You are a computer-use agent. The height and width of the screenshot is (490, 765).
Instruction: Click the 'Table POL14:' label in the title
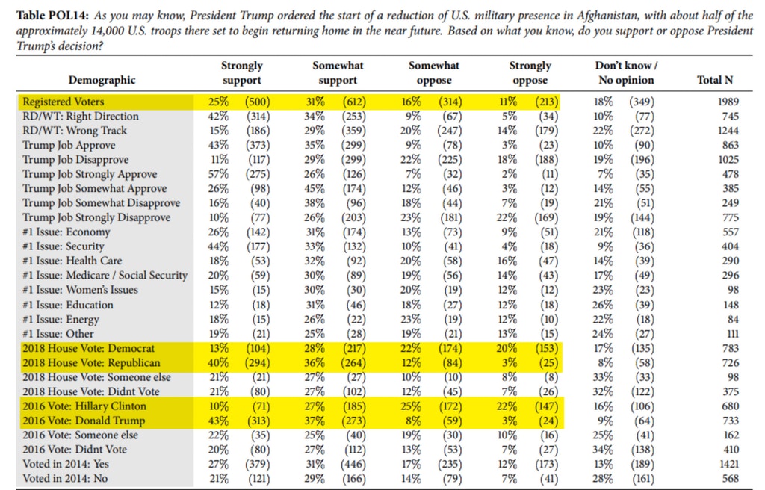pyautogui.click(x=53, y=16)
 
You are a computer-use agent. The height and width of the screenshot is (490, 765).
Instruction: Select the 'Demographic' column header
pyautogui.click(x=102, y=80)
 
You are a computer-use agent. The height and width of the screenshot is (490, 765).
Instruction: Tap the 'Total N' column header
pyautogui.click(x=715, y=80)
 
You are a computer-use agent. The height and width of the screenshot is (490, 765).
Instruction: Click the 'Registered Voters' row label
pyautogui.click(x=63, y=102)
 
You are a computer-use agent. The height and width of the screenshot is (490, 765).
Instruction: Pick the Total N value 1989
pyautogui.click(x=728, y=102)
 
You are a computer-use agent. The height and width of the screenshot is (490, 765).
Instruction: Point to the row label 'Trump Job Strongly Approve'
pyautogui.click(x=90, y=174)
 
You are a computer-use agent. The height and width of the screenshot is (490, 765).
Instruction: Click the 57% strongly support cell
pyautogui.click(x=218, y=174)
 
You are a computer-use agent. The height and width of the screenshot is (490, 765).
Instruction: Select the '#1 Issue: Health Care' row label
pyautogui.click(x=72, y=261)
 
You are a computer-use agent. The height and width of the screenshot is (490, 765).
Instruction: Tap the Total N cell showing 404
pyautogui.click(x=731, y=246)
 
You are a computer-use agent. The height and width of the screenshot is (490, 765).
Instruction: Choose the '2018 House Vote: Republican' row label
pyautogui.click(x=91, y=362)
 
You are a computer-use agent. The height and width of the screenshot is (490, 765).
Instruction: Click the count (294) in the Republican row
pyautogui.click(x=257, y=362)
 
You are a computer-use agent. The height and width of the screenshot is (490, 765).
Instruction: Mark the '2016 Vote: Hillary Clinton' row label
pyautogui.click(x=84, y=406)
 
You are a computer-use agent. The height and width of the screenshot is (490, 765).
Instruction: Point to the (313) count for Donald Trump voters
pyautogui.click(x=257, y=421)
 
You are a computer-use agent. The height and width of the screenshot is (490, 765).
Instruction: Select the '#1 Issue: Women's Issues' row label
pyautogui.click(x=80, y=290)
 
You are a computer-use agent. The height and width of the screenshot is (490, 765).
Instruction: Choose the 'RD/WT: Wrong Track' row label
pyautogui.click(x=75, y=131)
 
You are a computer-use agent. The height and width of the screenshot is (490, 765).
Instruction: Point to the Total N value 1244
pyautogui.click(x=728, y=131)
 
